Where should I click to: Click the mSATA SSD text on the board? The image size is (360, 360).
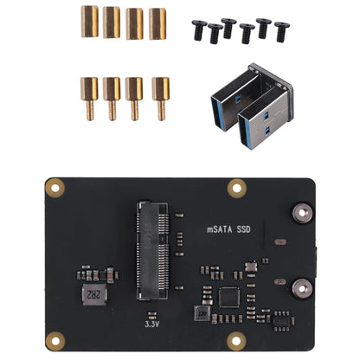point(229,230)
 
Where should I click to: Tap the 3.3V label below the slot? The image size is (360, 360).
point(152,325)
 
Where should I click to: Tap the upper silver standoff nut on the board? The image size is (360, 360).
point(303,212)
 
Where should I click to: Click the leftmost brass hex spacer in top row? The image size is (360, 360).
point(89,22)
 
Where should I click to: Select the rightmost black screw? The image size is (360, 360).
point(282,31)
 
